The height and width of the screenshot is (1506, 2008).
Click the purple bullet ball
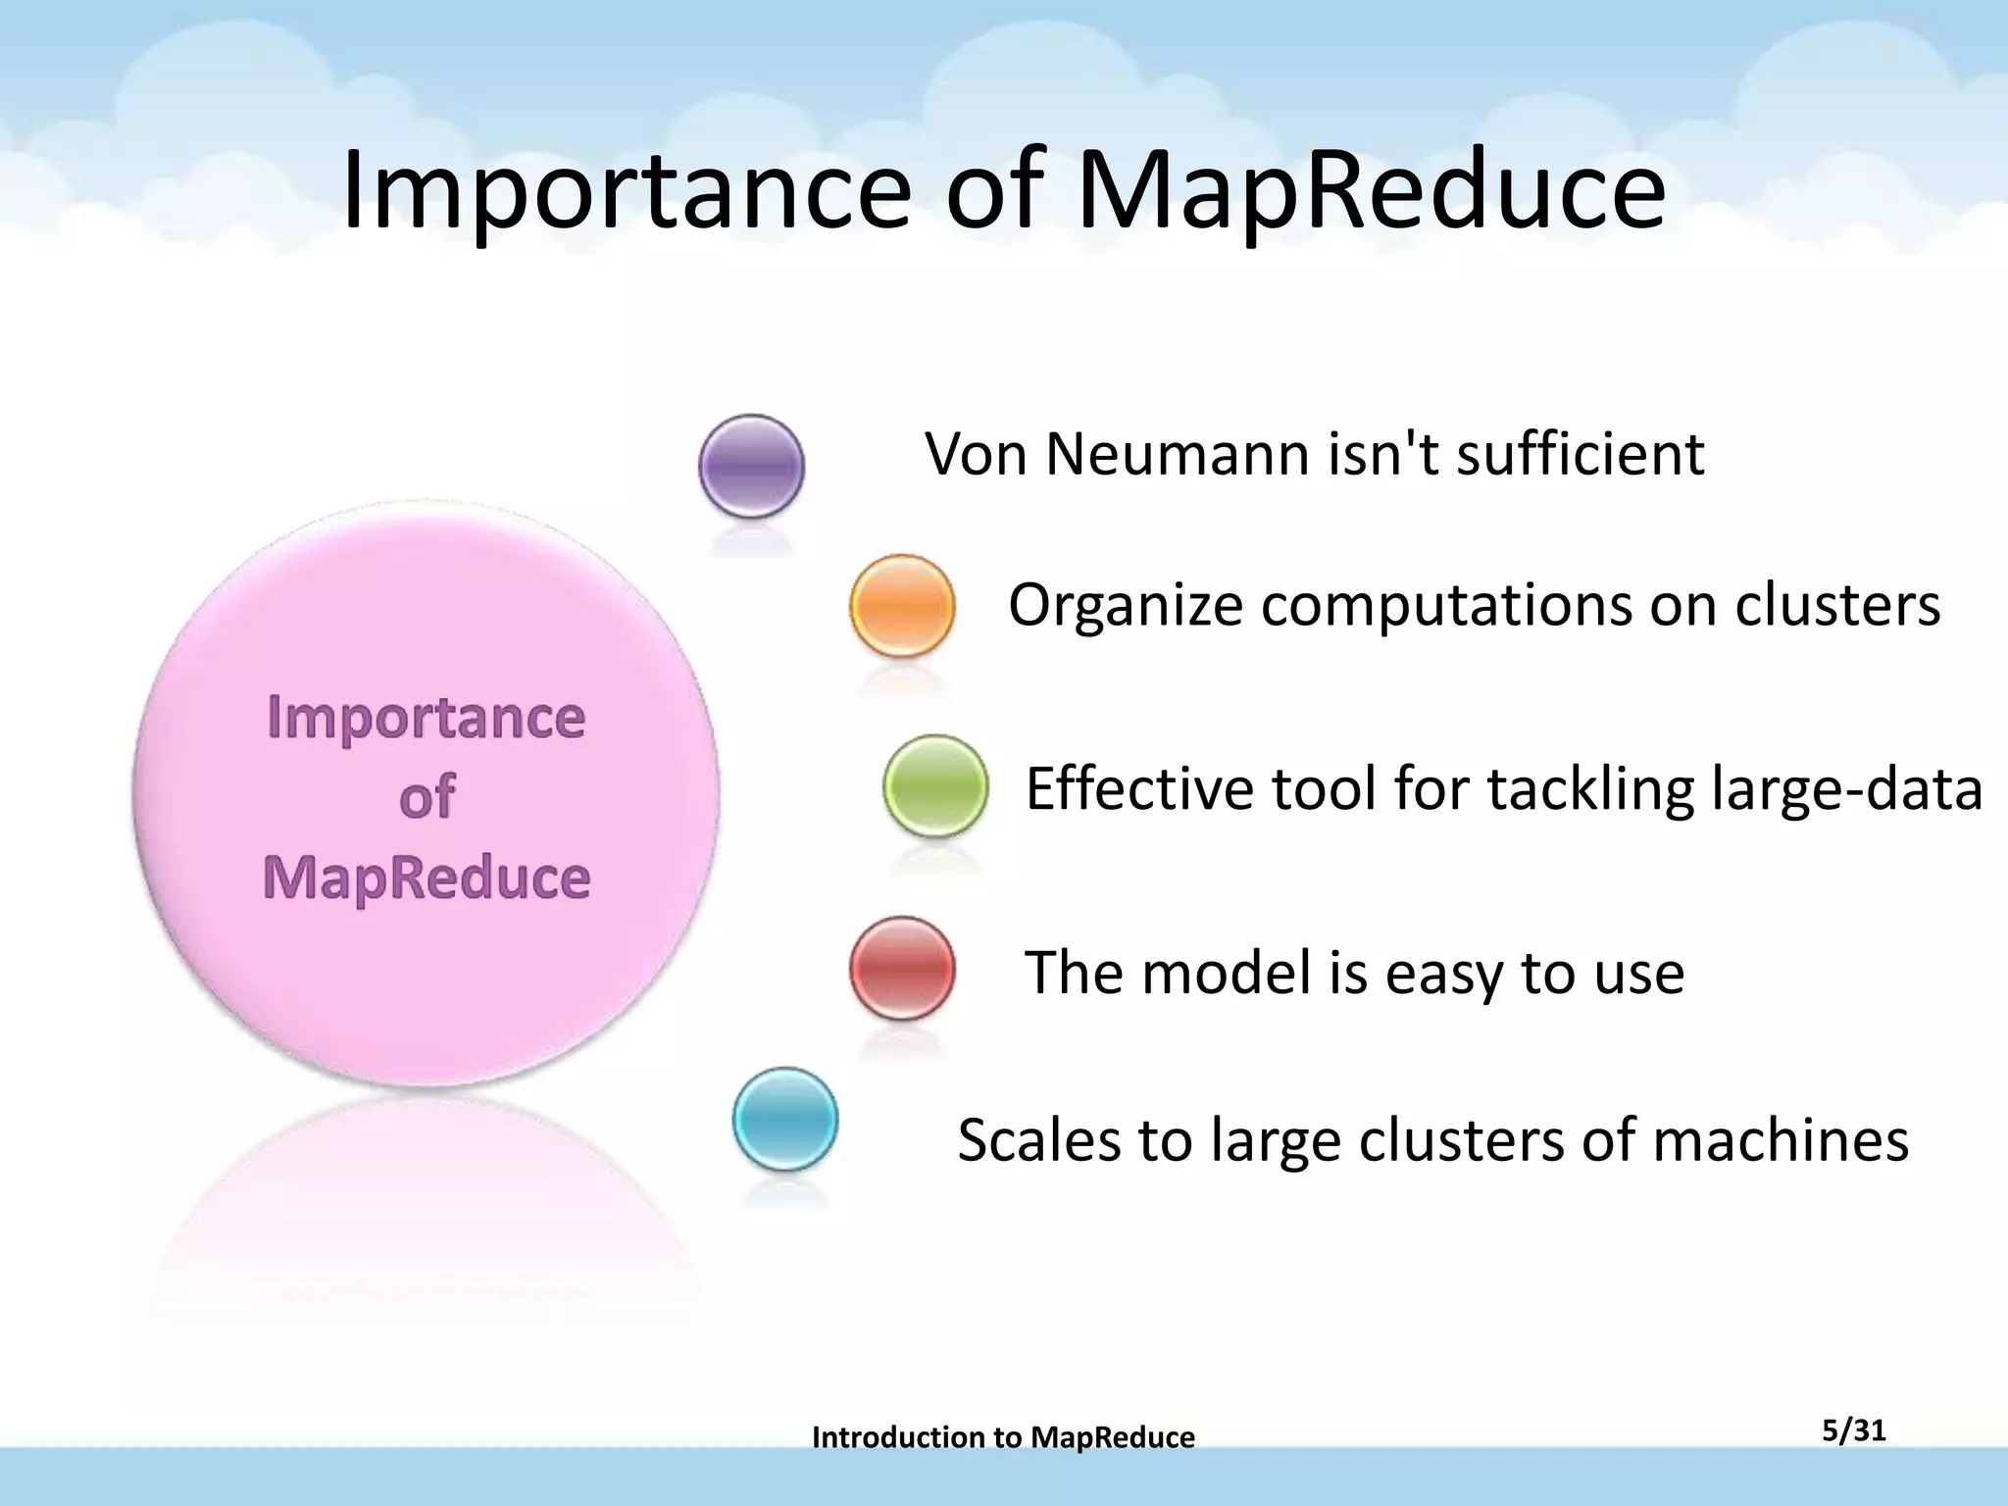pos(752,467)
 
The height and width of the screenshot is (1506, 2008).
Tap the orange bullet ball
pos(902,606)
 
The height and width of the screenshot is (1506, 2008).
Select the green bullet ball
pos(935,786)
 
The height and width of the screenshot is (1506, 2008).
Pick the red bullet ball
pos(902,969)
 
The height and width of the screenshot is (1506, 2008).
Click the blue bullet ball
pos(785,1120)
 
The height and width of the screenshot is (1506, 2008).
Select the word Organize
pos(1126,606)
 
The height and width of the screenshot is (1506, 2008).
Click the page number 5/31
pos(1854,1431)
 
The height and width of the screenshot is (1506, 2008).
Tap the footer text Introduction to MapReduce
pos(1003,1437)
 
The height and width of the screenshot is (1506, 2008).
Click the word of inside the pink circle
pos(427,796)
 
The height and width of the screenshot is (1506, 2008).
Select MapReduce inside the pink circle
pos(427,877)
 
